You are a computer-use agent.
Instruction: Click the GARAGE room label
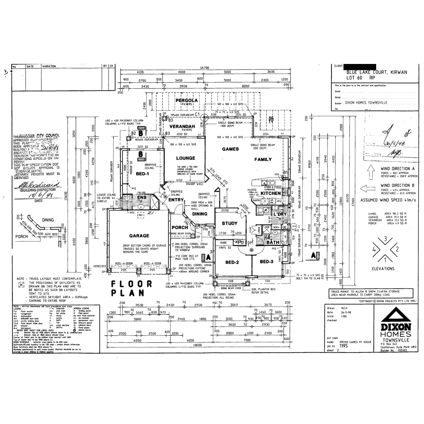click(x=139, y=236)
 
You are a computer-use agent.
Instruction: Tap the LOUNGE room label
click(x=185, y=158)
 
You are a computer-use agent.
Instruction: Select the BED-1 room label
click(x=142, y=174)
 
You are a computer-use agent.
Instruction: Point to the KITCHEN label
click(x=271, y=193)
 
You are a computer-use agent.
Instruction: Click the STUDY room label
click(x=229, y=223)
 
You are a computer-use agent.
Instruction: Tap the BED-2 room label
click(x=232, y=262)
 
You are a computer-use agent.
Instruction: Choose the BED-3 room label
click(x=267, y=261)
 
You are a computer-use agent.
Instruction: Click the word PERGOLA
click(x=187, y=100)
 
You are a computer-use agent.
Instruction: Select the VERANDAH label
click(x=182, y=126)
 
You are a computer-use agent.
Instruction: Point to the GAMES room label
click(x=230, y=149)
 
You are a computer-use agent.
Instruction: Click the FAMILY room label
click(x=263, y=159)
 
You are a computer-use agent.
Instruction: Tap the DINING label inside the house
click(x=200, y=214)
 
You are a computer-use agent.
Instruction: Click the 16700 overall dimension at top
click(x=205, y=68)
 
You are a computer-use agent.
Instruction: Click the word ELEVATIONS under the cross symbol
click(x=383, y=269)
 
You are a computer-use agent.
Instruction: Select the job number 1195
click(x=343, y=346)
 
